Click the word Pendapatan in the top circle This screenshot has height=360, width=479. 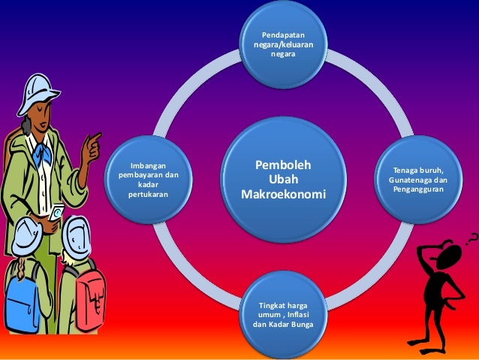[x=283, y=35]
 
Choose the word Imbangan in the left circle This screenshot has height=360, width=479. [x=148, y=166]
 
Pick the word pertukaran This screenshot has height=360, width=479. [x=148, y=194]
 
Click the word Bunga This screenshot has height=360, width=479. [x=300, y=325]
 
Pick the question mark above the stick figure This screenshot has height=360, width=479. [x=470, y=238]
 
